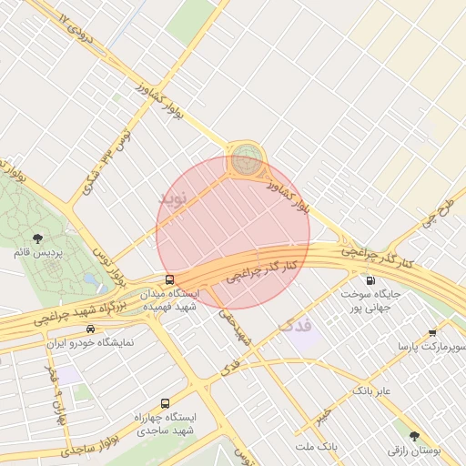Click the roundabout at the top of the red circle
click(244, 161)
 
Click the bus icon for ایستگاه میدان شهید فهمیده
click(169, 279)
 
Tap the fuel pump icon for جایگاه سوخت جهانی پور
click(370, 280)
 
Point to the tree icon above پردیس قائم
click(36, 238)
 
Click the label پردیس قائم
click(37, 252)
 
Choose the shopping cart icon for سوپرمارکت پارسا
click(432, 333)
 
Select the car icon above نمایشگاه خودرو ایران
click(89, 329)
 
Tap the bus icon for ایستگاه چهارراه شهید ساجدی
click(165, 402)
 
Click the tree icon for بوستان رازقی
click(414, 436)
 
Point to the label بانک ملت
click(316, 447)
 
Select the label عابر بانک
click(371, 390)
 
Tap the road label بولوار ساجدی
click(91, 447)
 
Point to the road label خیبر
click(325, 411)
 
